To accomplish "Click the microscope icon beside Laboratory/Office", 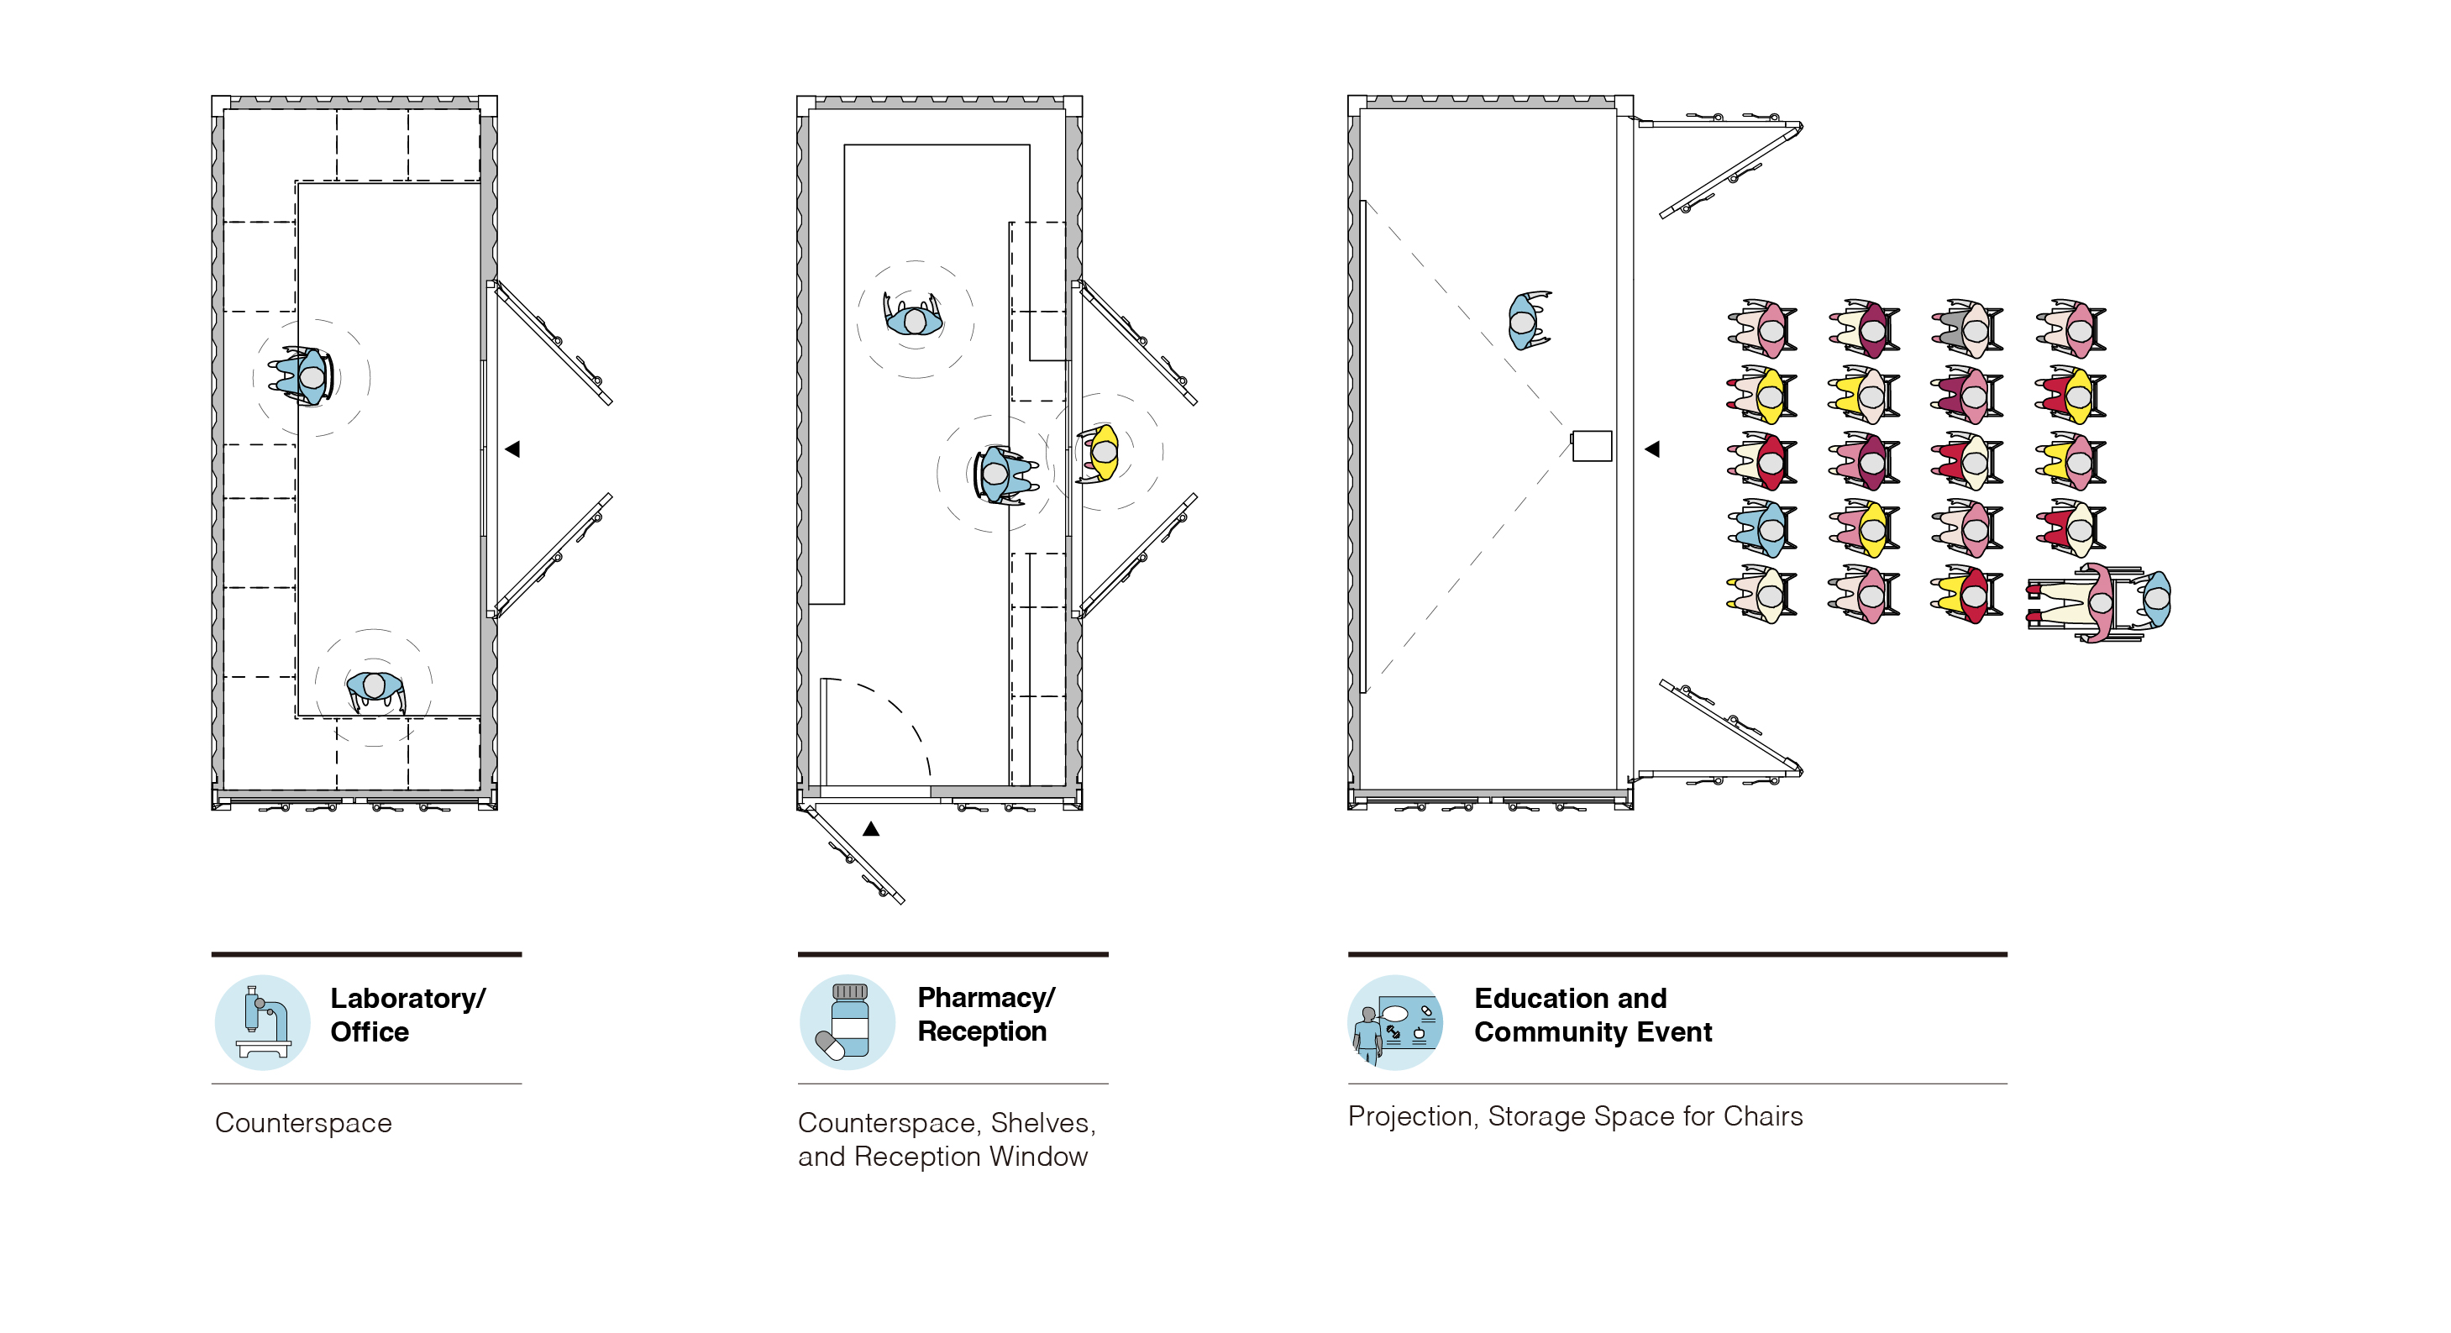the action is tap(263, 1022).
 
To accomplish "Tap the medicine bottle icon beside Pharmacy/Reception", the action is tap(847, 1022).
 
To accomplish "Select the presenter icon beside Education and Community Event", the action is tap(1395, 1022).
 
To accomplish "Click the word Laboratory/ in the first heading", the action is tap(407, 998).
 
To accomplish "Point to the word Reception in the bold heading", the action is tap(982, 1031).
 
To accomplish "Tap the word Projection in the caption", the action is tap(1413, 1117).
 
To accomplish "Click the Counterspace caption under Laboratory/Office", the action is tap(303, 1124).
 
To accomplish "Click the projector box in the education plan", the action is tap(1591, 445).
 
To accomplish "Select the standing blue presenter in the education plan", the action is tap(1527, 321).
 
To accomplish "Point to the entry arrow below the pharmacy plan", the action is tap(870, 829).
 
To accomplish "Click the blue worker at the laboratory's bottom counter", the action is tap(375, 689).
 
